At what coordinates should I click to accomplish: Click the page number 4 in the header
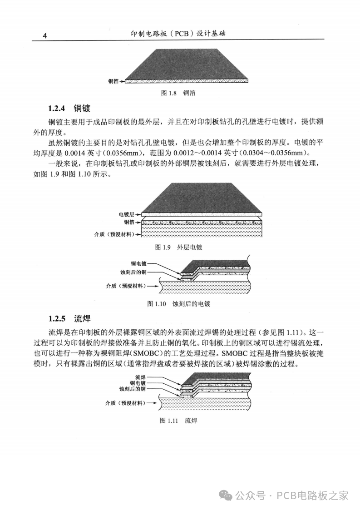pyautogui.click(x=45, y=36)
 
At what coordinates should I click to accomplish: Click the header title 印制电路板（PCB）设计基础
pyautogui.click(x=178, y=34)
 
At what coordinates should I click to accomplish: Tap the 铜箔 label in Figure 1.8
pyautogui.click(x=113, y=81)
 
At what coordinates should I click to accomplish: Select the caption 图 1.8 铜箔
pyautogui.click(x=178, y=93)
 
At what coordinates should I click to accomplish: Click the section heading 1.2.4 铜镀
pyautogui.click(x=69, y=108)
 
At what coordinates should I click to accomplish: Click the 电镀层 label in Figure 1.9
pyautogui.click(x=127, y=214)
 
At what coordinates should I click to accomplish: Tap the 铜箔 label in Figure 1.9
pyautogui.click(x=129, y=222)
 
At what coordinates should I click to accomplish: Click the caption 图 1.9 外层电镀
pyautogui.click(x=178, y=247)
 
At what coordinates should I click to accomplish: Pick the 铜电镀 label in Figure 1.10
pyautogui.click(x=139, y=263)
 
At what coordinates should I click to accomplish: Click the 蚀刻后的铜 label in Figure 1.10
pyautogui.click(x=133, y=272)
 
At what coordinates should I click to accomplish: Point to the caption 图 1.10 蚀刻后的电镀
pyautogui.click(x=178, y=304)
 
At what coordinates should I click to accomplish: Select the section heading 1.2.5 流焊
pyautogui.click(x=69, y=318)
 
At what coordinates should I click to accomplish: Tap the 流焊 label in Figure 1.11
pyautogui.click(x=140, y=377)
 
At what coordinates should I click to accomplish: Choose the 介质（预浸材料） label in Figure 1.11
pyautogui.click(x=126, y=403)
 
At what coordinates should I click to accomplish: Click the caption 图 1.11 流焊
pyautogui.click(x=178, y=421)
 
